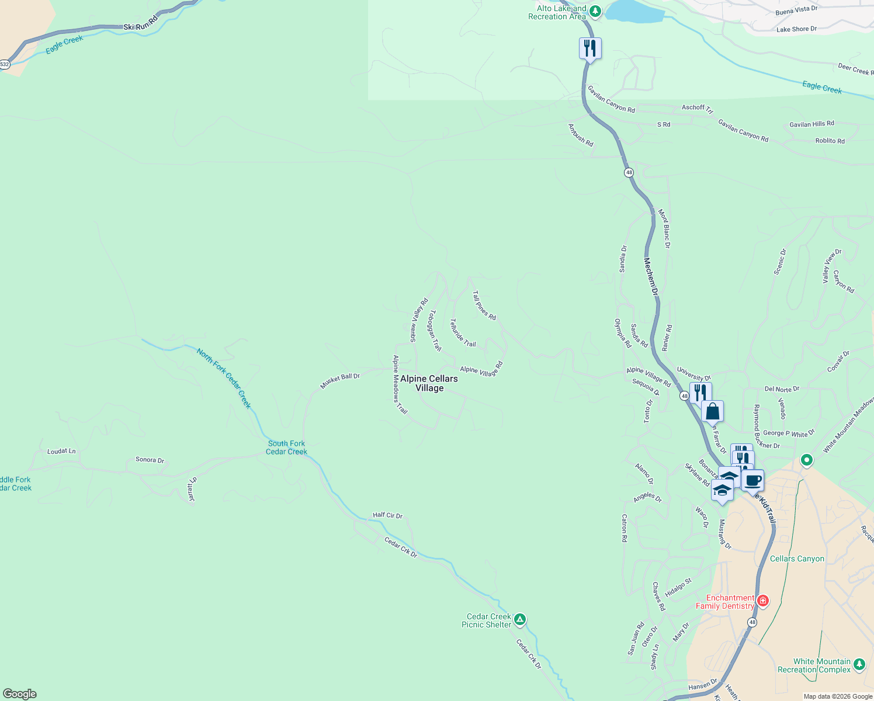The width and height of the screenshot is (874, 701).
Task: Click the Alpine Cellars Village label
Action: (x=429, y=383)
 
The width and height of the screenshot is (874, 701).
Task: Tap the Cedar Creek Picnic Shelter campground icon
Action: (x=520, y=619)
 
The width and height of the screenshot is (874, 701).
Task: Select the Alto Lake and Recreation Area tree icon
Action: (x=595, y=11)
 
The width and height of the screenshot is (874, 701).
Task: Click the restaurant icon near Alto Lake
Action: (x=590, y=48)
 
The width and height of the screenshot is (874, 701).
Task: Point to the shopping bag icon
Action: (x=712, y=411)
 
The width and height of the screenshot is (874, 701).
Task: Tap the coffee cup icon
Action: (x=752, y=480)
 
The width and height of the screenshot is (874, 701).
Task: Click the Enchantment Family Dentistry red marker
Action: (x=762, y=601)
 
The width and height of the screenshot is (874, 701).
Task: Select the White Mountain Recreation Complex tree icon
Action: (x=859, y=664)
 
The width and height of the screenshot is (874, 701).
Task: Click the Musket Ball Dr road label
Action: (x=340, y=381)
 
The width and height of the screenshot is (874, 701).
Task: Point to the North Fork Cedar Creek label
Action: (x=224, y=379)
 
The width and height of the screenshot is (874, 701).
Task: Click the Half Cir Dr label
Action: (x=388, y=515)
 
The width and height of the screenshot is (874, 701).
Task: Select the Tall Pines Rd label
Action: (x=484, y=306)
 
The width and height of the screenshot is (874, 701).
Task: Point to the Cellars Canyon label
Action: (x=797, y=558)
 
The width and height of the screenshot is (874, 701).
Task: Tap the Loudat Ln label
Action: (x=61, y=452)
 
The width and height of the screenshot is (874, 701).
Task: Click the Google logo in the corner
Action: (x=20, y=694)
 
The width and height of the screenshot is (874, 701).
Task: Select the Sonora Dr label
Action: (x=150, y=460)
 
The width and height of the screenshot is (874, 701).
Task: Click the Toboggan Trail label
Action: (x=435, y=330)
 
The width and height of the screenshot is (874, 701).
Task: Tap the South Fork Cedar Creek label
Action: (x=286, y=447)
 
